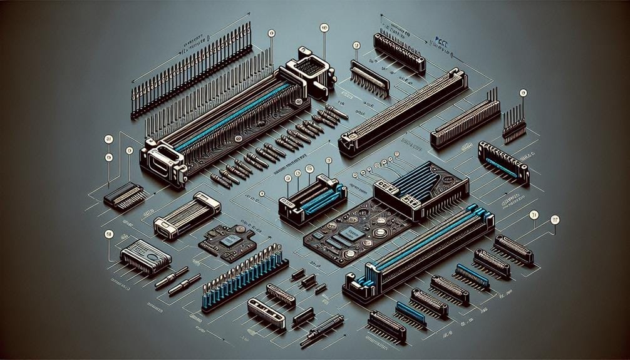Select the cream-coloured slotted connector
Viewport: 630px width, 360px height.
coord(266,312)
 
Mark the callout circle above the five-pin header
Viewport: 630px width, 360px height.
coord(524,93)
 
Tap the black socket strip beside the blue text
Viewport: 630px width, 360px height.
coord(399,51)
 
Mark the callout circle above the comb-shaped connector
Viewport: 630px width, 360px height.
coord(356,45)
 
